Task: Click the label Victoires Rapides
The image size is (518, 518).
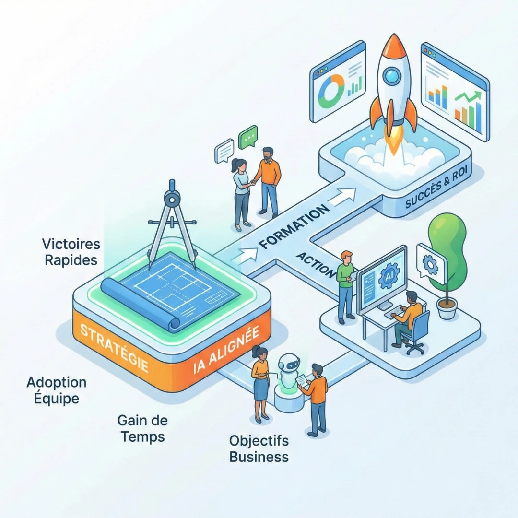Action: click(71, 252)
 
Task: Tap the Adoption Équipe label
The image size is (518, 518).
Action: click(57, 390)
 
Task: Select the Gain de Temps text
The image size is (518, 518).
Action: click(142, 429)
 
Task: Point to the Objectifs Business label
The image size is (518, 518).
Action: click(259, 448)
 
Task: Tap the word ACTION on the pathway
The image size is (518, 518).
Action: click(315, 264)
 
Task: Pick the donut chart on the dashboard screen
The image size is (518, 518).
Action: click(331, 90)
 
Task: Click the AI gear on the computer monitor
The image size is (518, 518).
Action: click(386, 279)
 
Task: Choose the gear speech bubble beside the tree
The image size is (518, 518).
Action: click(431, 263)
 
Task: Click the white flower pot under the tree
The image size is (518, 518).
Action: click(447, 308)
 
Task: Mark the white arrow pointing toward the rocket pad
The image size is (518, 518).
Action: click(344, 196)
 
